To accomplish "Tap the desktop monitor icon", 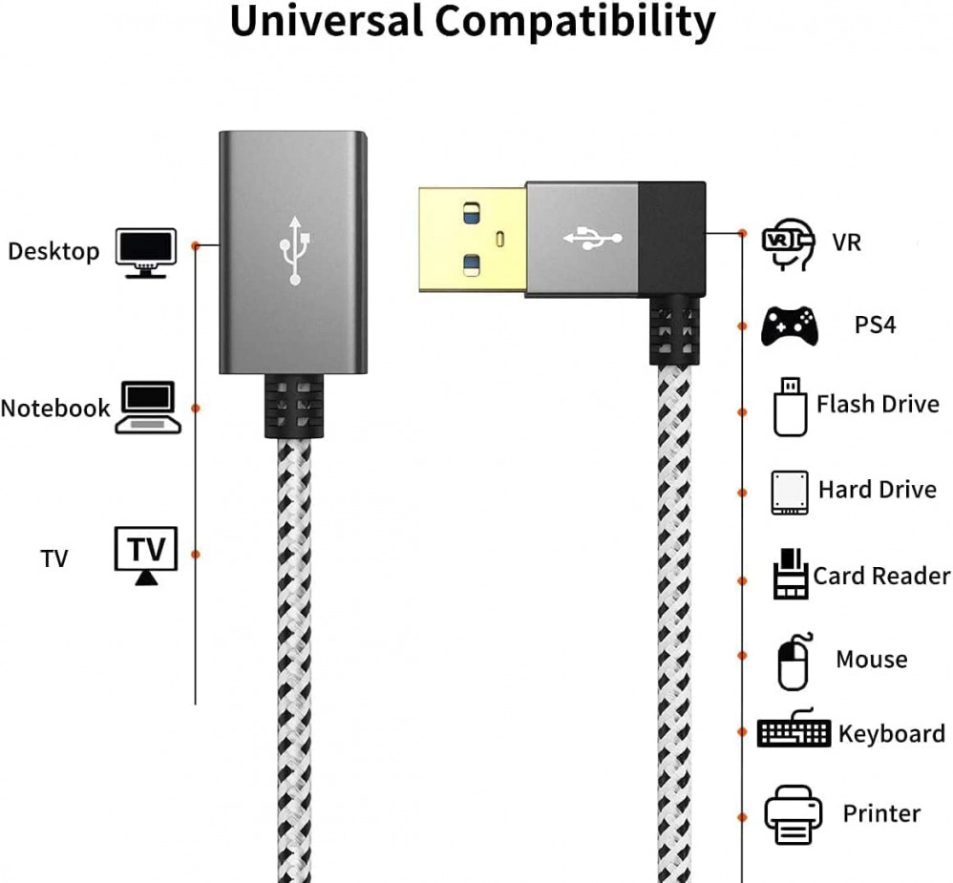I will point(146,252).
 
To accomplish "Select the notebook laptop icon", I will point(148,408).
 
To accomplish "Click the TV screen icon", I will point(146,554).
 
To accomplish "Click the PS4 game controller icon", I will point(789,326).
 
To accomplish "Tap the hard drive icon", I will point(789,493).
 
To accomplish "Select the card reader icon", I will point(790,575).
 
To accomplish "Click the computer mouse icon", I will point(793,661).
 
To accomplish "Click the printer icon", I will point(793,814).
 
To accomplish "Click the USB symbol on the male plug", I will point(592,238).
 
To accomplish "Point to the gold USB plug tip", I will point(472,239).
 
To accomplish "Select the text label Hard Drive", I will point(877,490).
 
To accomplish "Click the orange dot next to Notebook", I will point(196,408).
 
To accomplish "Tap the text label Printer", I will point(881,813).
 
